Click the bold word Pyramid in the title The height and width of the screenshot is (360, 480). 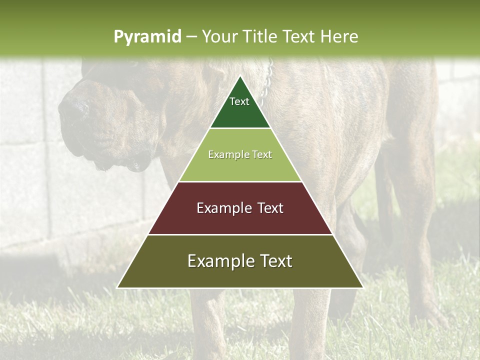(147, 36)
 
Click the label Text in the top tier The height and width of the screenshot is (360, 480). (239, 101)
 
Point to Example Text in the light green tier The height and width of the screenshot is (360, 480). (240, 154)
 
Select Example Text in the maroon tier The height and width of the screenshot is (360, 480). (240, 208)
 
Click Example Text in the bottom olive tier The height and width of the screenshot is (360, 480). (240, 261)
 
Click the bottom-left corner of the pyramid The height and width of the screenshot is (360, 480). (117, 287)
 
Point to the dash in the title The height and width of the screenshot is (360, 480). (191, 36)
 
